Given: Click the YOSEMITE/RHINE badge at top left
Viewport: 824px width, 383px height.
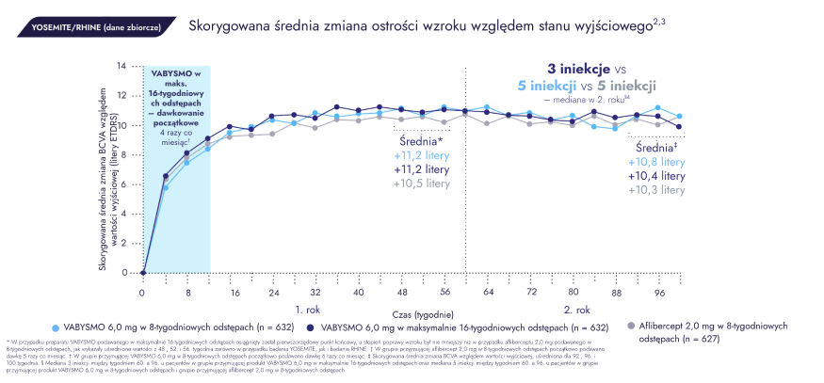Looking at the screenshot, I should tap(92, 26).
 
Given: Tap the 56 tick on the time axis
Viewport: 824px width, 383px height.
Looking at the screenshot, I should tap(446, 293).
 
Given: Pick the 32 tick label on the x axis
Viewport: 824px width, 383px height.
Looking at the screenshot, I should tap(315, 293).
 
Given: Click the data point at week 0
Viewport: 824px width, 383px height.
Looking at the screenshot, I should tap(142, 273).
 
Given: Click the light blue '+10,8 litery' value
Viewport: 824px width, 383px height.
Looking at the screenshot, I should tap(657, 162).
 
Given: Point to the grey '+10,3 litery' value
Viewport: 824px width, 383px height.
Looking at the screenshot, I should tap(657, 190).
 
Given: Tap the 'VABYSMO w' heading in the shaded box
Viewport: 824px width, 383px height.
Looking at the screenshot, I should tap(175, 73).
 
